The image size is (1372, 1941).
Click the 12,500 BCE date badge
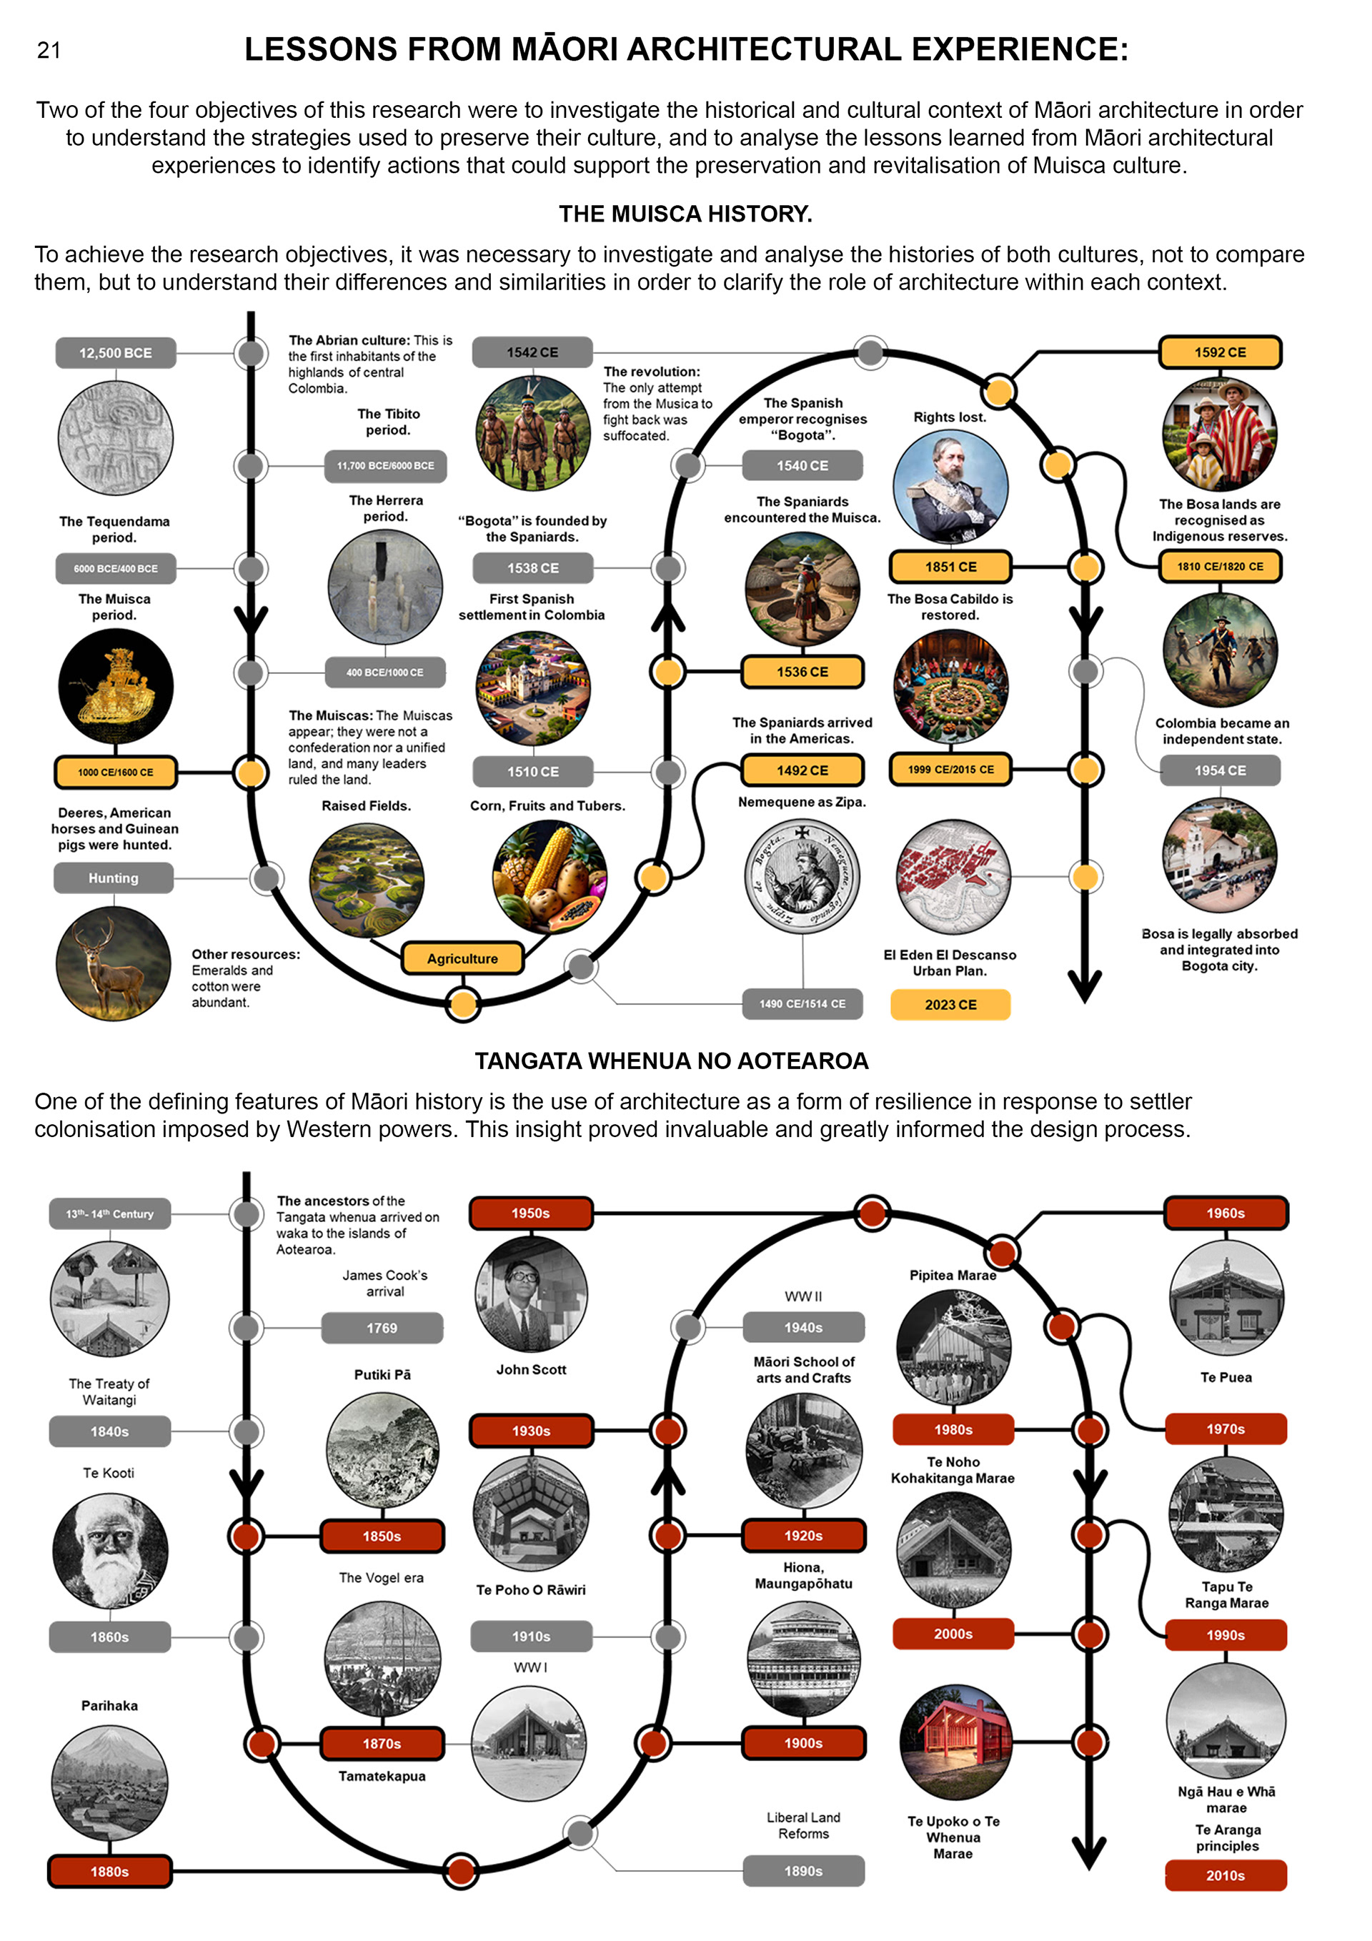tap(116, 352)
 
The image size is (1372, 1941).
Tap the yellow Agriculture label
tap(462, 958)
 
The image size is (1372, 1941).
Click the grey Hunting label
tap(114, 878)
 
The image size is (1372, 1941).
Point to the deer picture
tap(114, 964)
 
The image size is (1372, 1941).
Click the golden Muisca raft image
tap(116, 687)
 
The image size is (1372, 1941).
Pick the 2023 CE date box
tap(950, 1004)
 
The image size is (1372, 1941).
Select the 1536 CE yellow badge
tap(802, 672)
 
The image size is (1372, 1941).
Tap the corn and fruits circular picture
tap(550, 877)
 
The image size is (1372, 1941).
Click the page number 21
tap(49, 51)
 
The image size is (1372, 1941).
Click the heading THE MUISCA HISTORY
tap(685, 214)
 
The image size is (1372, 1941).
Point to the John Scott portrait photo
tap(531, 1294)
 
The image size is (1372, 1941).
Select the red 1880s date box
tap(110, 1872)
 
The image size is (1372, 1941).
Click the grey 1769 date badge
tap(382, 1328)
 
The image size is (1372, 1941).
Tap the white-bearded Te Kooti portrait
tap(110, 1552)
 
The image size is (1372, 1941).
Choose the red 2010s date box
tap(1225, 1875)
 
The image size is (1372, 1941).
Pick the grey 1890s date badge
tap(803, 1871)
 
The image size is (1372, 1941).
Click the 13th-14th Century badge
tap(110, 1214)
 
